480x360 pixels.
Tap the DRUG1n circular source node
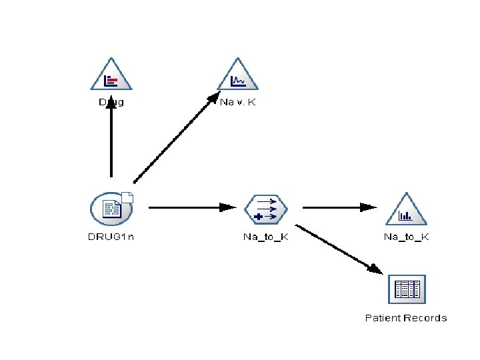click(x=111, y=209)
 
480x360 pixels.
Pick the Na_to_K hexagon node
click(x=265, y=209)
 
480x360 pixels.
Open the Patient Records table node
click(x=406, y=289)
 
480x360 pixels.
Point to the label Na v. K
click(x=239, y=103)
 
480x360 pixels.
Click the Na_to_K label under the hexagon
click(x=265, y=237)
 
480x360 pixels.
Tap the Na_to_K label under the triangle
click(x=406, y=237)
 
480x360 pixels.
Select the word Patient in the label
click(x=382, y=318)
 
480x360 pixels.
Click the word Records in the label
click(x=425, y=318)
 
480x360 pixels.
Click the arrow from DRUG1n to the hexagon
click(x=190, y=207)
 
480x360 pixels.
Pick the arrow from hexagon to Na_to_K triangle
click(x=337, y=207)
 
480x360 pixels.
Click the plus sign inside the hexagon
click(x=258, y=217)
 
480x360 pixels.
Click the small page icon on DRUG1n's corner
click(x=128, y=197)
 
